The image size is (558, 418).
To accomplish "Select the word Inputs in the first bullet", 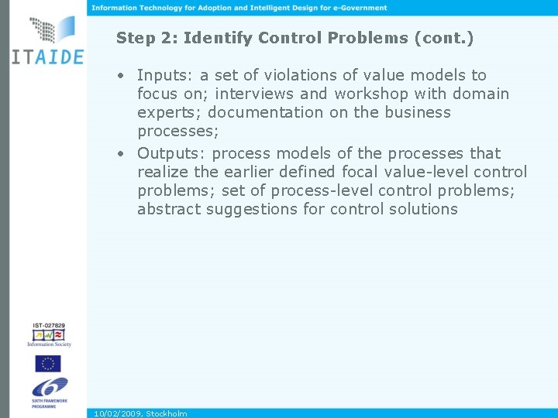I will (x=164, y=75).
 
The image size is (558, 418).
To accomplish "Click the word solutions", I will (x=424, y=209).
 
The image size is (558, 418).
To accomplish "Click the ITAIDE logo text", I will (x=46, y=57).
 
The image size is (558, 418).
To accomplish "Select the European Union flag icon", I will (x=47, y=363).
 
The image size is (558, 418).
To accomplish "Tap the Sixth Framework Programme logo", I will (x=49, y=390).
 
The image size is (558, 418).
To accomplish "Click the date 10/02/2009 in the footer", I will (x=117, y=413).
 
